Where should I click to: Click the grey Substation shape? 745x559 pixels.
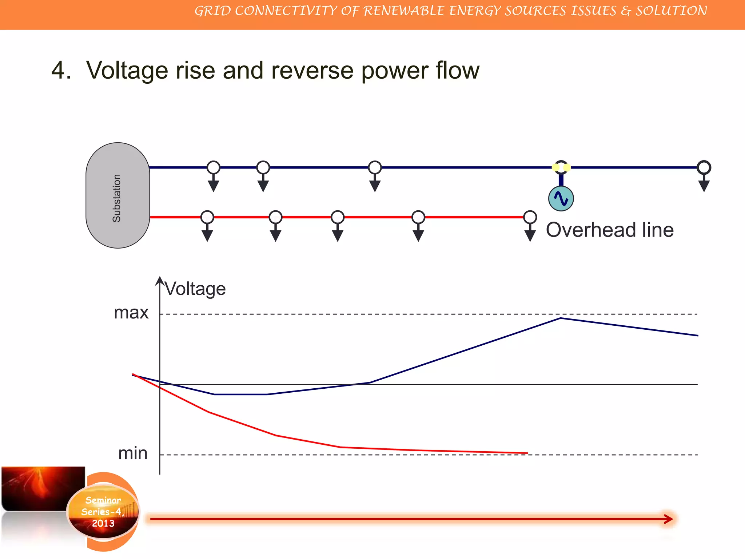(117, 195)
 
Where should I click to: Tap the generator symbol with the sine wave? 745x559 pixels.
(561, 199)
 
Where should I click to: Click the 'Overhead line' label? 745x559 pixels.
(610, 230)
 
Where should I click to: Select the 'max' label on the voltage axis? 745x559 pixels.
(131, 313)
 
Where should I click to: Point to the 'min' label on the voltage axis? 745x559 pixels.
(133, 453)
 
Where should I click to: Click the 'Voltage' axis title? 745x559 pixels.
(195, 289)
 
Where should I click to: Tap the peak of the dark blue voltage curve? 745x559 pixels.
(560, 318)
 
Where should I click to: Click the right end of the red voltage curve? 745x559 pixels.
(527, 453)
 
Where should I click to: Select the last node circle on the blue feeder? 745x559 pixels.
(704, 167)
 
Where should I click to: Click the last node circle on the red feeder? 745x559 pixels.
(530, 217)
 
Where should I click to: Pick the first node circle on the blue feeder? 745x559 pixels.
(214, 167)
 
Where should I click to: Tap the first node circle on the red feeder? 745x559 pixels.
(207, 217)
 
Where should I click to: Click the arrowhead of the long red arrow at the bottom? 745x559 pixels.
(669, 519)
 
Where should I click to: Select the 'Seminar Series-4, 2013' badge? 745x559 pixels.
(103, 512)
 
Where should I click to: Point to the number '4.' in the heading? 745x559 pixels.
(61, 70)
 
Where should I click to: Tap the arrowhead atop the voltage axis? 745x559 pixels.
(160, 281)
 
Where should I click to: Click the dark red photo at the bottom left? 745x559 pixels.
(43, 488)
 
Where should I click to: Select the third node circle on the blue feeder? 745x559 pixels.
(375, 167)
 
